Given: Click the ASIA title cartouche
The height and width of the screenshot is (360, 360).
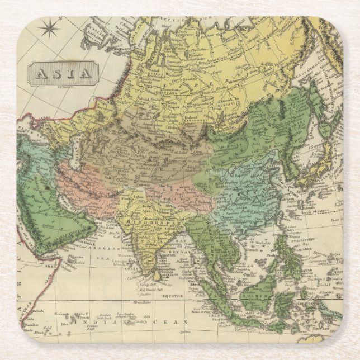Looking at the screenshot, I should click(63, 73).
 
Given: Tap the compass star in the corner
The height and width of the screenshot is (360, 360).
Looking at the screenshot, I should click(51, 27).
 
